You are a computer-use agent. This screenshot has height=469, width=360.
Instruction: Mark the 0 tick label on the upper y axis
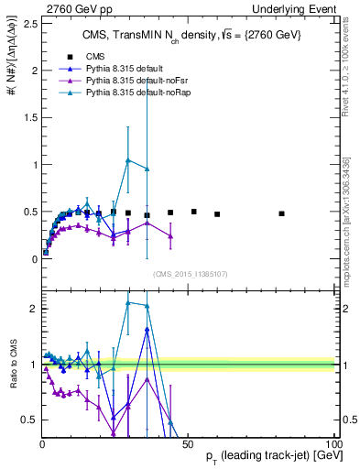tap(33, 259)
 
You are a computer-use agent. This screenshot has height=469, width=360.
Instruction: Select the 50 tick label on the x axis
tap(187, 443)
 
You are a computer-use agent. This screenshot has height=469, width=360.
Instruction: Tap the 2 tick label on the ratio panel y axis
tap(33, 309)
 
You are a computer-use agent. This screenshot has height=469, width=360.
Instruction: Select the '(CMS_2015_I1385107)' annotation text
tap(190, 273)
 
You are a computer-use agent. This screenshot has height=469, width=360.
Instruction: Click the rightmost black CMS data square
tap(281, 213)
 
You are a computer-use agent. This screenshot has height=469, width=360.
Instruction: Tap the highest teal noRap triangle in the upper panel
tap(127, 160)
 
